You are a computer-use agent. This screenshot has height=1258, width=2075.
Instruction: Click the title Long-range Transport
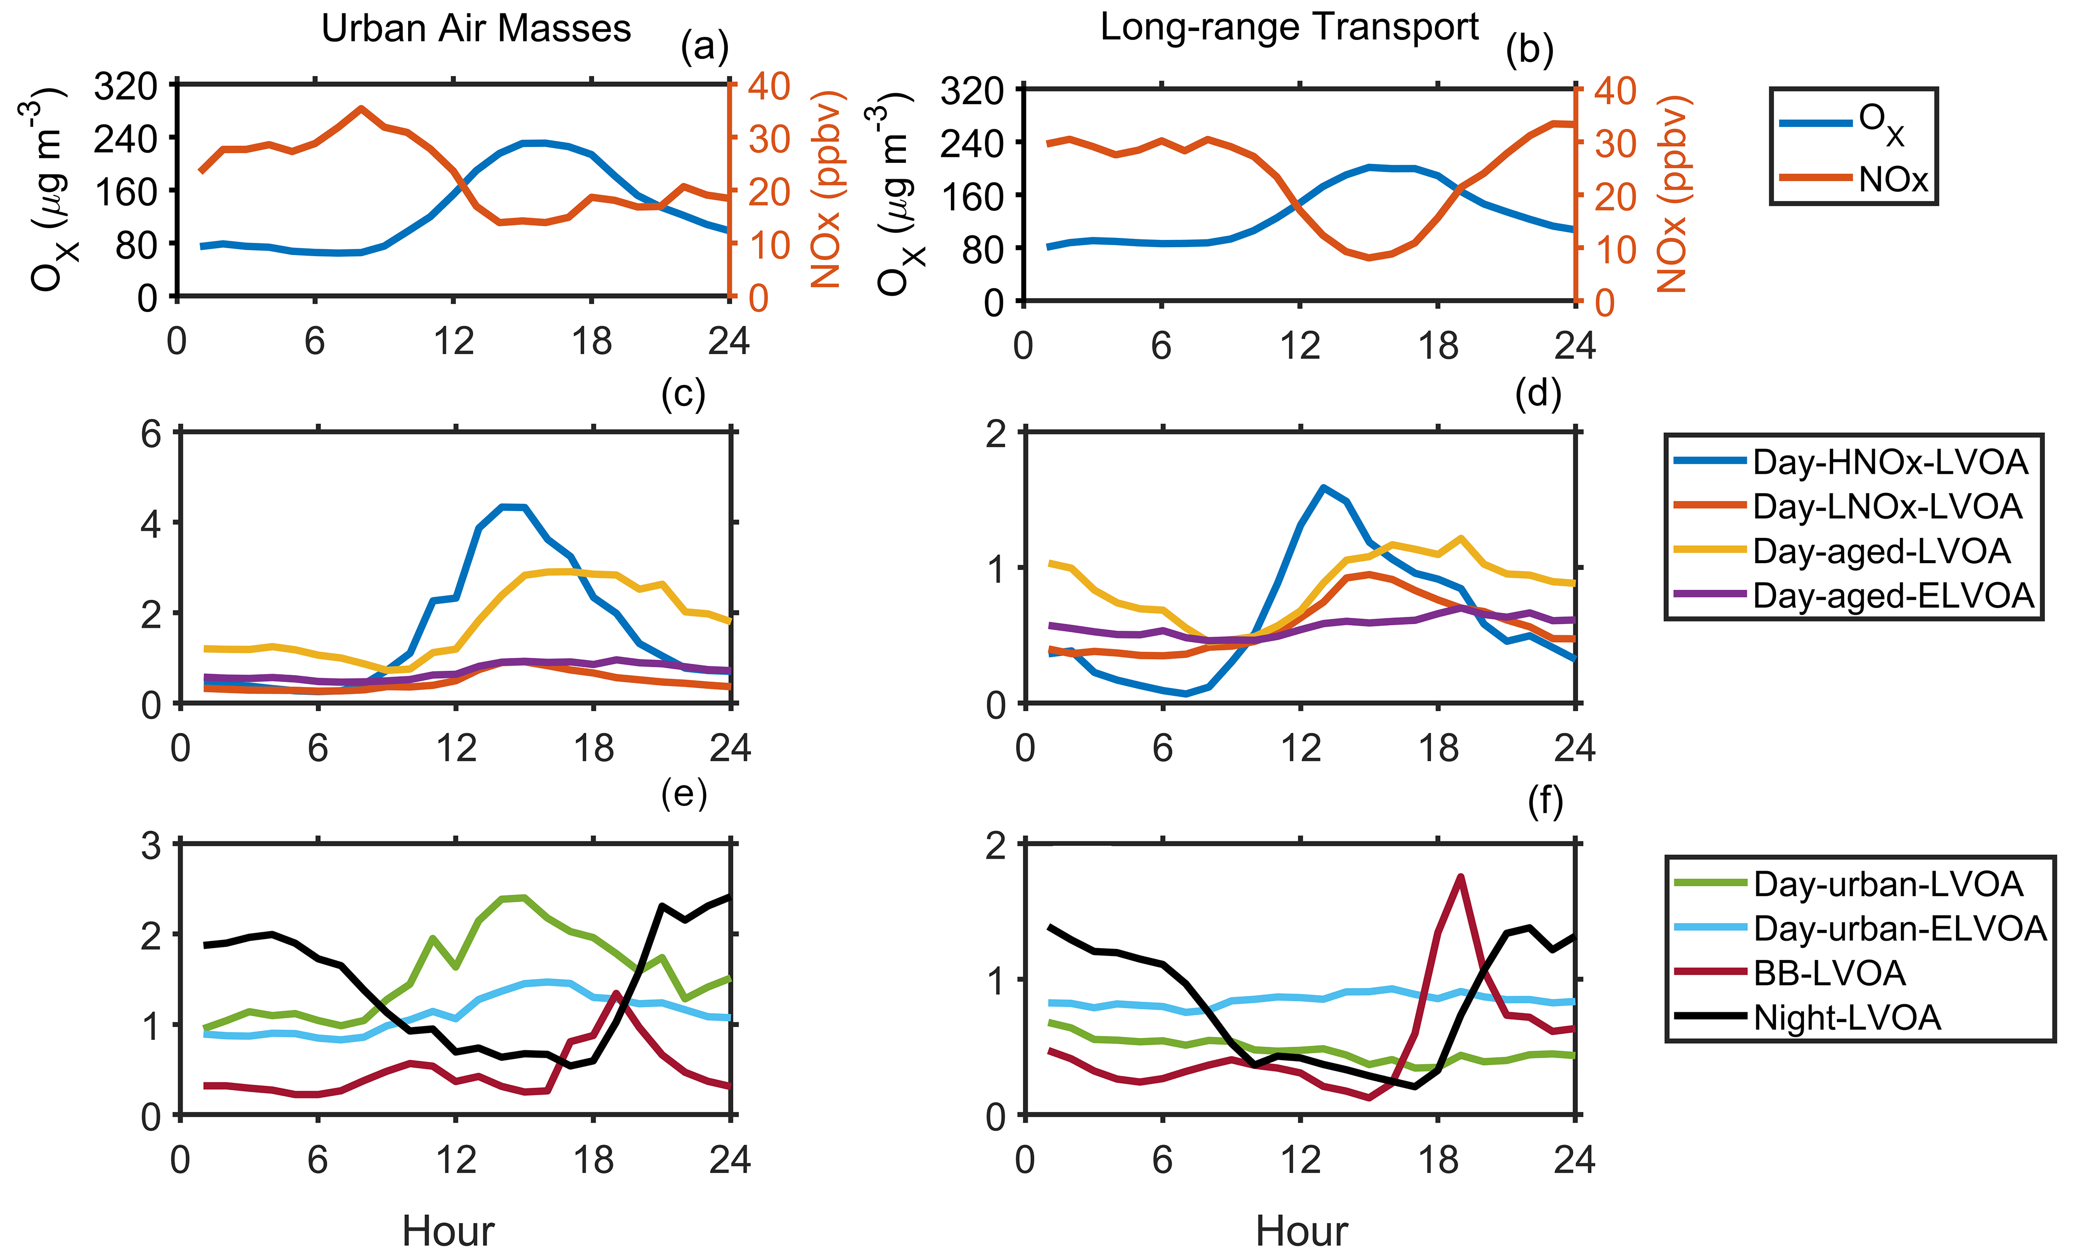pos(1289,27)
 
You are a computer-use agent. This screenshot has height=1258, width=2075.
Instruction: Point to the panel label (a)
pos(704,48)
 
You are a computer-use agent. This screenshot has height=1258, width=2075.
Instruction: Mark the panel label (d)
pos(1538,393)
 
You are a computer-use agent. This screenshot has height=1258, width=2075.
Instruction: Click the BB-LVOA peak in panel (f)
pos(1460,877)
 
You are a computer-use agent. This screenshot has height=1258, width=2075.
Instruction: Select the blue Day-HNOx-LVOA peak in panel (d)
pos(1323,488)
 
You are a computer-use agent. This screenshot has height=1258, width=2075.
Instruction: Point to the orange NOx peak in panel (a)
pos(361,109)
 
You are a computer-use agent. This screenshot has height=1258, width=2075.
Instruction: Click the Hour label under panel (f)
pos(1301,1231)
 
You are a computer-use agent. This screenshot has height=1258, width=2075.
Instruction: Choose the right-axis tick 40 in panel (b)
pos(1615,91)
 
